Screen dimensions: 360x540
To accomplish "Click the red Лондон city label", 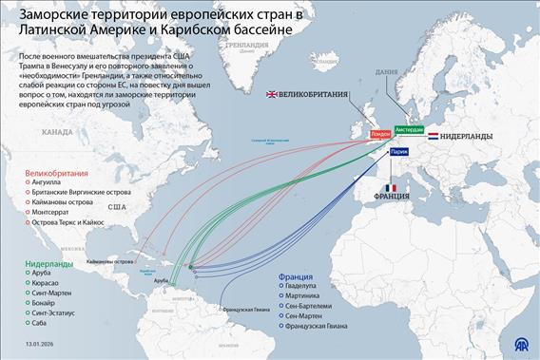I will point(379,136).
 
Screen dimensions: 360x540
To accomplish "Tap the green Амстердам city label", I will point(409,128).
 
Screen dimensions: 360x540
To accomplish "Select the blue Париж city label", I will point(399,150).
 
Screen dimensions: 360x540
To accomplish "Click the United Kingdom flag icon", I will point(273,94).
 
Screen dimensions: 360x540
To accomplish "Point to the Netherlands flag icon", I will point(433,137).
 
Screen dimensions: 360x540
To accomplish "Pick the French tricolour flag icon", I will point(389,187).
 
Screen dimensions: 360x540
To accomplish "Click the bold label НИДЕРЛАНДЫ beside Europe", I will point(466,137).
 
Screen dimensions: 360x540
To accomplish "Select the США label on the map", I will point(117,206).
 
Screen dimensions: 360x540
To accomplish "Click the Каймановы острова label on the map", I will point(109,260).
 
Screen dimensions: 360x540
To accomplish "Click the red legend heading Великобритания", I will point(56,174).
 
